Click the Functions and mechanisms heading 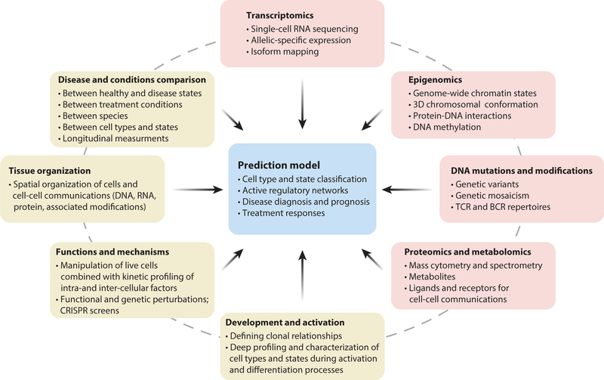pyautogui.click(x=111, y=250)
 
